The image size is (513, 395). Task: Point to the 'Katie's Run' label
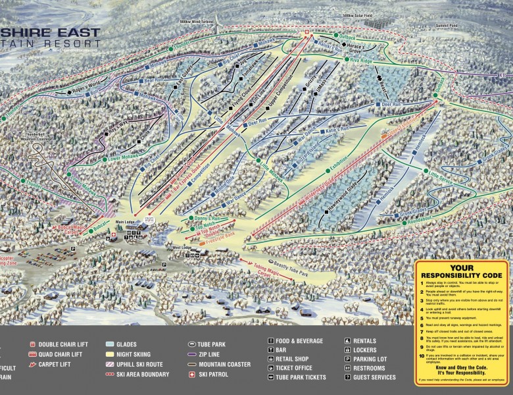(334, 131)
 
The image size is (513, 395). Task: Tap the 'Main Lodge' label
(125, 222)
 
